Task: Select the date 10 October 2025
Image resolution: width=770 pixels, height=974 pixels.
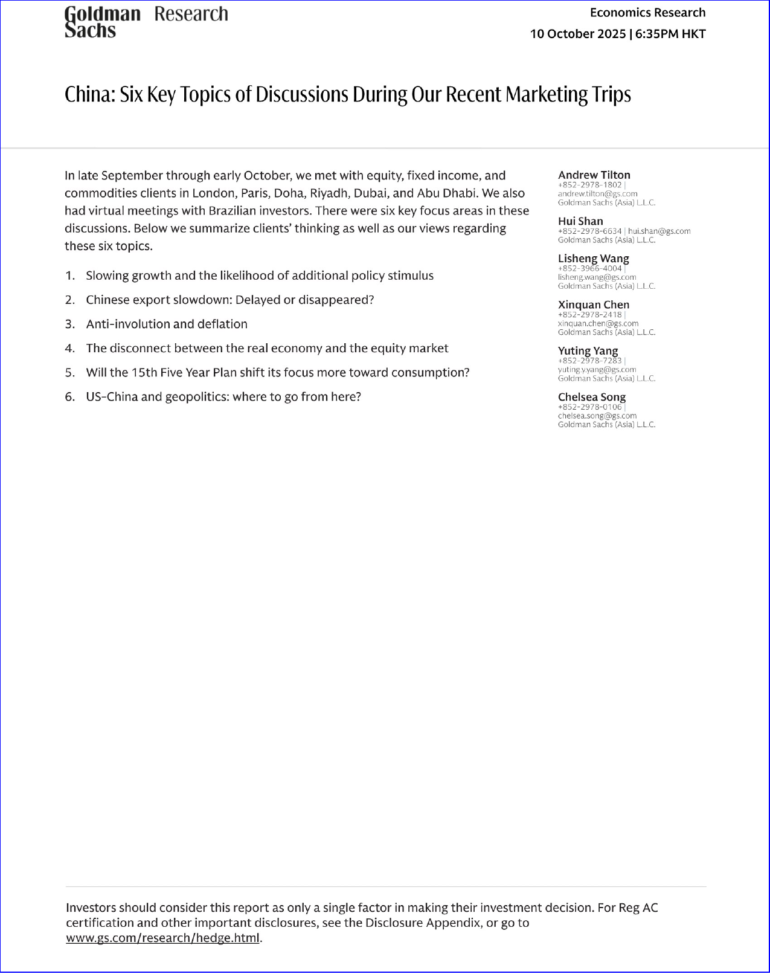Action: [577, 34]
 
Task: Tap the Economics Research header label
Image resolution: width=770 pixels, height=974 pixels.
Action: [647, 13]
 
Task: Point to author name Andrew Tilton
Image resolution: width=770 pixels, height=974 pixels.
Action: [594, 175]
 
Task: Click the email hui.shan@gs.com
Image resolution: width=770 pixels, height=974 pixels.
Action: [659, 231]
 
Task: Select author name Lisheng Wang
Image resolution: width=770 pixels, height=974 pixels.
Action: [593, 259]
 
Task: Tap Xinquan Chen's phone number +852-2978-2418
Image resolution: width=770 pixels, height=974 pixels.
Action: [589, 314]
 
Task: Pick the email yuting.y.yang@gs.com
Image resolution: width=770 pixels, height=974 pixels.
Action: [597, 369]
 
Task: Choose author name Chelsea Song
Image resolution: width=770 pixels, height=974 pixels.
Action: [591, 397]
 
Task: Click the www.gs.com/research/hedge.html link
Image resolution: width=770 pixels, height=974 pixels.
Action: [162, 938]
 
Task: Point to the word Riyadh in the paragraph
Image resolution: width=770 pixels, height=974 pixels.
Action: [329, 193]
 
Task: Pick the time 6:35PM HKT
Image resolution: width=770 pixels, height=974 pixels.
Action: [670, 34]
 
